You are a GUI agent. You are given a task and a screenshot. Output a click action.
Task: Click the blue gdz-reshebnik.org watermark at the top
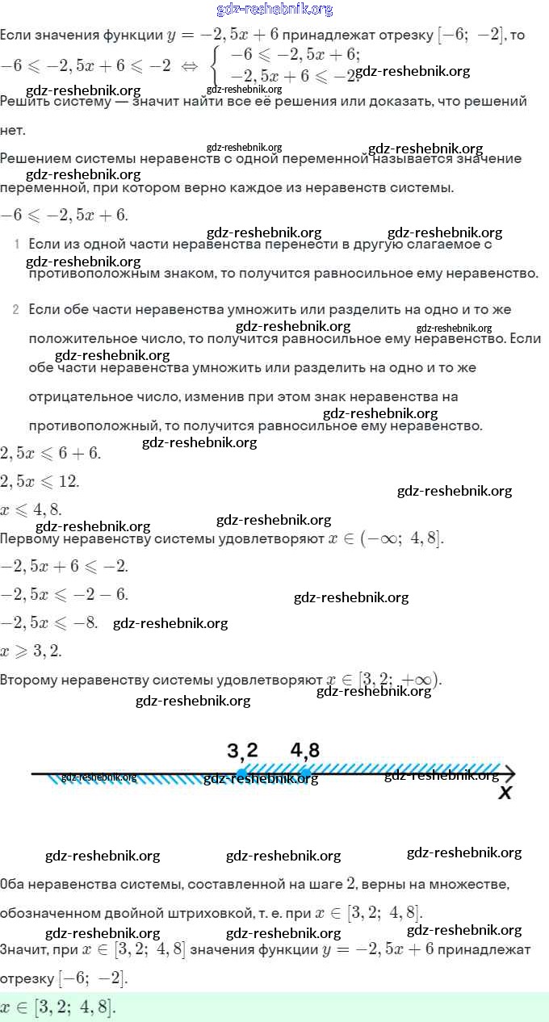274,10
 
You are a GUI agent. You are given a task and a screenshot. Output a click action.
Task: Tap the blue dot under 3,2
241,773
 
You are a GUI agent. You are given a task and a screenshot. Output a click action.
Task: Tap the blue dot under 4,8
305,773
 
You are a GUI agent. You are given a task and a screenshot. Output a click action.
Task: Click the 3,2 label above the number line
242,751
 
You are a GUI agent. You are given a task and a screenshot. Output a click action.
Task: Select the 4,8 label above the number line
305,750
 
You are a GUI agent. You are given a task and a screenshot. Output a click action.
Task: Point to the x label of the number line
505,793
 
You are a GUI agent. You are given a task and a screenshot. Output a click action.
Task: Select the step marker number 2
16,310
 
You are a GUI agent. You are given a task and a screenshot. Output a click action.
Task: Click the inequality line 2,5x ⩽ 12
40,481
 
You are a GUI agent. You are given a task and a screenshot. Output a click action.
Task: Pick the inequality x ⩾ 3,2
31,651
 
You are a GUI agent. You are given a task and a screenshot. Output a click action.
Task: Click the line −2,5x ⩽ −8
49,622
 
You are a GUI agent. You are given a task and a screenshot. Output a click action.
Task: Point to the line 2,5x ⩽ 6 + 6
50,453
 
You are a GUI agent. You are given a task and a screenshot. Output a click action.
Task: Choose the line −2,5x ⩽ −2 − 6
64,594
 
